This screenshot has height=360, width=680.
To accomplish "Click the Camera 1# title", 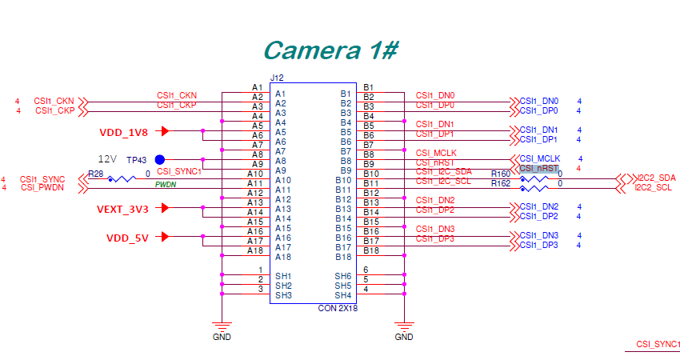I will coord(330,50).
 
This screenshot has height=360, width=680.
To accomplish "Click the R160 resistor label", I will coord(500,174).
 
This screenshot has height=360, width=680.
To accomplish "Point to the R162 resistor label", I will coord(500,184).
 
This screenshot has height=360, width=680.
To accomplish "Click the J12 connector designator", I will coord(277,78).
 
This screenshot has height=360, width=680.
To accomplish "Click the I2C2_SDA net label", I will coord(656,178).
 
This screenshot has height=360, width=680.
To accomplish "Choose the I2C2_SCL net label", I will coord(655,188).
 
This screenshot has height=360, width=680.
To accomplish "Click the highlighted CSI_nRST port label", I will coord(538,169).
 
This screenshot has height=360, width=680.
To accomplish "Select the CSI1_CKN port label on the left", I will coord(54,101).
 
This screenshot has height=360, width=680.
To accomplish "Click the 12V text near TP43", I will coord(107,158).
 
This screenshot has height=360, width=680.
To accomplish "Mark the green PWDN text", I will coord(166,184).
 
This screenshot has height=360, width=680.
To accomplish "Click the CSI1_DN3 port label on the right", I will coord(538,235).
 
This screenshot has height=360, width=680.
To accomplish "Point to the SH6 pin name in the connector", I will coord(342,276).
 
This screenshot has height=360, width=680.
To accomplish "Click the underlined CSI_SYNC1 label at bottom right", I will coord(658,344).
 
